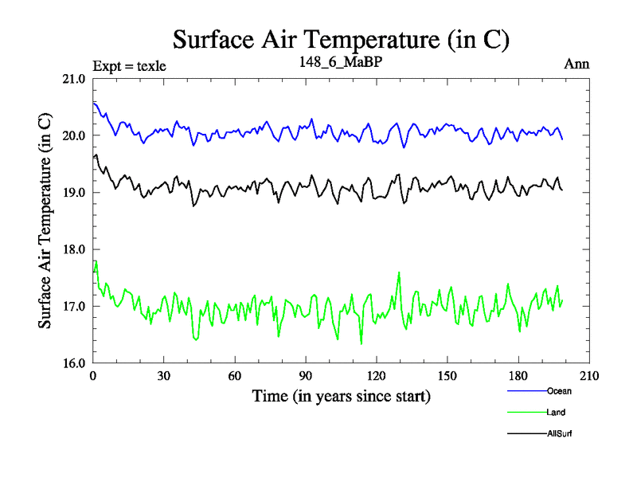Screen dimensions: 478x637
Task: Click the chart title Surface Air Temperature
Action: tap(341, 40)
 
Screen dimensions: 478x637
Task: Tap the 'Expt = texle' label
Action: tap(129, 65)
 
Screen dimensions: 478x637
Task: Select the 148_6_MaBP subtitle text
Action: tap(341, 61)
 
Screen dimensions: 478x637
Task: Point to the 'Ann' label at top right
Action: tap(576, 64)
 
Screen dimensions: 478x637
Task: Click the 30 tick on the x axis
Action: tap(164, 376)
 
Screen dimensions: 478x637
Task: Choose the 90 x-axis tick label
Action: tap(306, 376)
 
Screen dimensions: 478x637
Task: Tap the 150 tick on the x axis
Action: tap(447, 376)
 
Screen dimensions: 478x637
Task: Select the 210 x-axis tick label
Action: tap(589, 376)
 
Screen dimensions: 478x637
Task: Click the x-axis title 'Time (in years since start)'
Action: tap(341, 396)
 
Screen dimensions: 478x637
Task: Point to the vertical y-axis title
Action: tap(45, 221)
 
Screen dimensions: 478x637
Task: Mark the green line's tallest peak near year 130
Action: tap(399, 272)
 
